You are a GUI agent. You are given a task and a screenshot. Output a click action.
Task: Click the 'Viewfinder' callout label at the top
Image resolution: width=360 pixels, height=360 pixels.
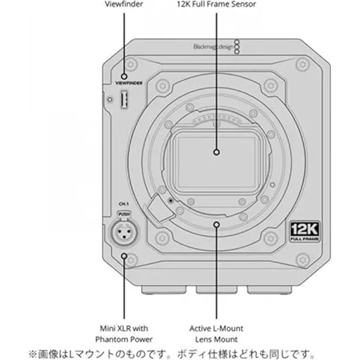point(124,4)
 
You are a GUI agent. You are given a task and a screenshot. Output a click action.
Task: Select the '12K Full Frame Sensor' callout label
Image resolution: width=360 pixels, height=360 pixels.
point(216,4)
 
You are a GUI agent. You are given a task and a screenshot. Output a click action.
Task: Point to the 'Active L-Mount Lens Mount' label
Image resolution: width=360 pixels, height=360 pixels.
point(216,334)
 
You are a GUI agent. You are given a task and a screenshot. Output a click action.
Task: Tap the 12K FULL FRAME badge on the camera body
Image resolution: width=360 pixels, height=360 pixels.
point(303,231)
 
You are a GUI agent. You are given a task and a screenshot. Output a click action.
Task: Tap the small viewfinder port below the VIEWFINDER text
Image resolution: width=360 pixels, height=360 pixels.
point(124,100)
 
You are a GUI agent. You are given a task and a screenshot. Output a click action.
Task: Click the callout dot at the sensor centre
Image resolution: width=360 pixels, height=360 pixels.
point(217,152)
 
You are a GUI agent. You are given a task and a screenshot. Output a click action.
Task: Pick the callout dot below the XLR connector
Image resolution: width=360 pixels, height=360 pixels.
point(124,255)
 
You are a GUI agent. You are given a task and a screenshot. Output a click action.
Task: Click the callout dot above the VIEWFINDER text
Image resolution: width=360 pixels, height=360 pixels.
point(124,76)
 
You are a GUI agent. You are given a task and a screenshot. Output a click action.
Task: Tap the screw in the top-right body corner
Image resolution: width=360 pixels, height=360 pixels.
point(302,63)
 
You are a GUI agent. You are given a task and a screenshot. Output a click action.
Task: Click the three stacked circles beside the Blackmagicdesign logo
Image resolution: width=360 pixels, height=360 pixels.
point(237,47)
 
